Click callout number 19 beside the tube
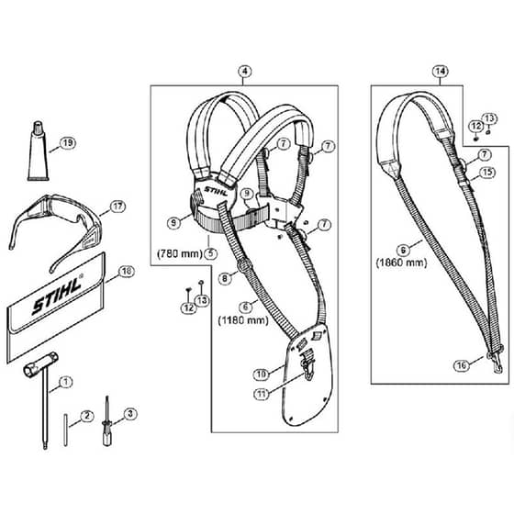68,143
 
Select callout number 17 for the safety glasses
117,207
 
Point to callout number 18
127,272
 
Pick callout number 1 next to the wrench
66,382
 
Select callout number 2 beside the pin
86,416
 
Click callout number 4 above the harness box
244,72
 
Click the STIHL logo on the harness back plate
216,191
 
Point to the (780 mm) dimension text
179,253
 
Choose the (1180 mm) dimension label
243,320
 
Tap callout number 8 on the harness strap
225,279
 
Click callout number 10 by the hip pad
262,374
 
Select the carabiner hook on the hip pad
308,368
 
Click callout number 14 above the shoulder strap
441,72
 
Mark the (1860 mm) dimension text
402,263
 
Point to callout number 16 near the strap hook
462,365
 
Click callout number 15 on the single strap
487,173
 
